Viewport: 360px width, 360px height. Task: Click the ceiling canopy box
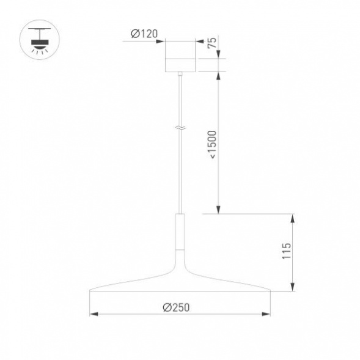point(180,57)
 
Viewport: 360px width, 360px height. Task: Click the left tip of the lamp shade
point(92,290)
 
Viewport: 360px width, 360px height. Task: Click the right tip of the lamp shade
point(269,290)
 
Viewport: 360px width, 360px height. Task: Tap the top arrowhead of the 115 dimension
point(295,218)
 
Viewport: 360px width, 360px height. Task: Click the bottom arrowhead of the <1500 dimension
point(219,211)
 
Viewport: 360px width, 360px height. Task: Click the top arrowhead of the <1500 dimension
point(219,75)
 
